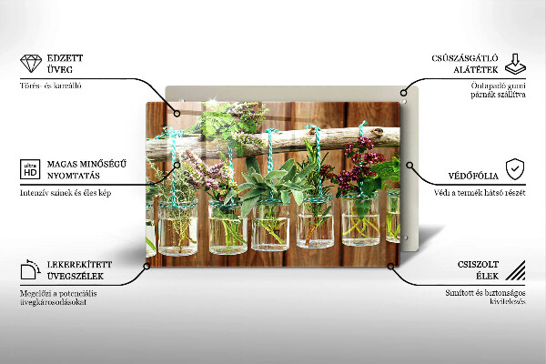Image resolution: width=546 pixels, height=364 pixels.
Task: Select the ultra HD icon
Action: tap(31, 168)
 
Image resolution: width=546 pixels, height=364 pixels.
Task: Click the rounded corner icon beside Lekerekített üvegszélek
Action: tap(31, 269)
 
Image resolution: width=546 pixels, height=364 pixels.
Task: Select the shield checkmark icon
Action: tap(515, 168)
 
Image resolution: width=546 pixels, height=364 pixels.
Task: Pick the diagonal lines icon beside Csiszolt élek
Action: tap(514, 269)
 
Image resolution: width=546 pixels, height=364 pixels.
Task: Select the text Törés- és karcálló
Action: tap(51, 86)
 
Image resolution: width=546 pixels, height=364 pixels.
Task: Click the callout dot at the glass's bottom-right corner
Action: tap(391, 267)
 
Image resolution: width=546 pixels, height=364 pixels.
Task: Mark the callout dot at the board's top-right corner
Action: tap(402, 92)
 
